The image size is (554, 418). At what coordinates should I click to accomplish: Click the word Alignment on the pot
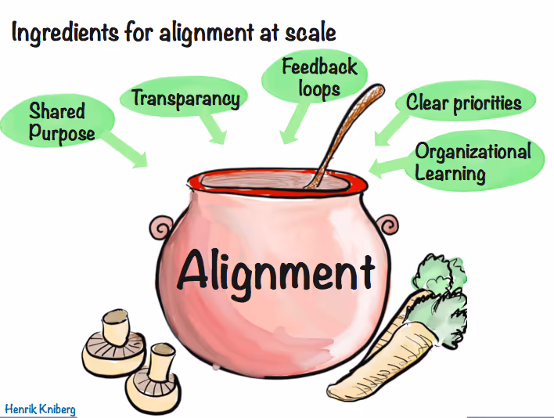coord(275,270)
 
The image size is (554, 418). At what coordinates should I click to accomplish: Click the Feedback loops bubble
coord(319,76)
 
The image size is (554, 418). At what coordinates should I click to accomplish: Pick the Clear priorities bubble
coord(463,103)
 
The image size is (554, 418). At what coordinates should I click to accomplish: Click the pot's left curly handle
coord(162,229)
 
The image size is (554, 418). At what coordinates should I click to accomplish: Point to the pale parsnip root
coord(383,352)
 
